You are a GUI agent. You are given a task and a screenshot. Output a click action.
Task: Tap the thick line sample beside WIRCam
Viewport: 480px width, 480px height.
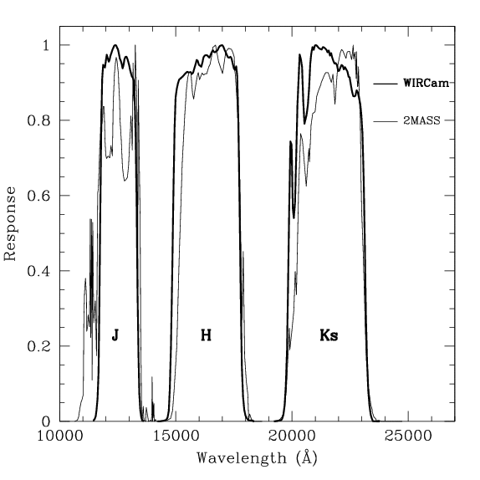(385, 84)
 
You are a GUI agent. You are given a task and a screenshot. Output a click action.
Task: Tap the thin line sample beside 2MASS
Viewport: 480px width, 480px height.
(385, 122)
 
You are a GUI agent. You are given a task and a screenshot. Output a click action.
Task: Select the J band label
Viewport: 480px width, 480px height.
(115, 335)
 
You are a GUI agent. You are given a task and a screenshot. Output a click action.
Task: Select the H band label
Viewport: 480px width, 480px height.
(206, 335)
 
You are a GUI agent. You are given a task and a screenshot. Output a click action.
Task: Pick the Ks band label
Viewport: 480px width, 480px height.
(329, 335)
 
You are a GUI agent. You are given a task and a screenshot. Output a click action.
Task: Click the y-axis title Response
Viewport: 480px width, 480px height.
(11, 223)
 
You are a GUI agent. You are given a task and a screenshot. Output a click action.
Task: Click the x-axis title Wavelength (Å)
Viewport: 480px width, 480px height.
(257, 458)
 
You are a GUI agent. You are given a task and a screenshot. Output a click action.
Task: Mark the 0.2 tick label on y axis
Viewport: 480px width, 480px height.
(39, 346)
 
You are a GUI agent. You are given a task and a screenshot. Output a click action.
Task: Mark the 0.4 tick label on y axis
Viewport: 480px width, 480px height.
(39, 271)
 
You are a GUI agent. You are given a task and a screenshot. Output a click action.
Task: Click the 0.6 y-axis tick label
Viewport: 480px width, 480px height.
(39, 196)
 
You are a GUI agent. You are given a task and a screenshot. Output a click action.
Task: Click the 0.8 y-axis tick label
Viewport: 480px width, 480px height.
(39, 120)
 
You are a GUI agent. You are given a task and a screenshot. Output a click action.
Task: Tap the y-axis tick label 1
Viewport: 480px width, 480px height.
(47, 45)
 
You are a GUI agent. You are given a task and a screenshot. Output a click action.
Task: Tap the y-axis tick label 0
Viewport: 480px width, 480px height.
(47, 421)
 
